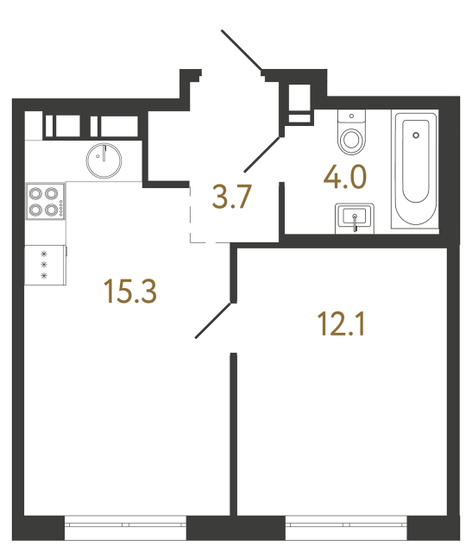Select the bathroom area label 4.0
(345, 179)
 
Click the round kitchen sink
(104, 158)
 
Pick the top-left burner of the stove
(36, 194)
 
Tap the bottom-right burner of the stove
(51, 208)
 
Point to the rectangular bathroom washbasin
(353, 217)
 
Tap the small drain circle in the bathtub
(417, 135)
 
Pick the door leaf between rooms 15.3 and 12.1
(213, 319)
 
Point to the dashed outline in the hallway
(192, 216)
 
